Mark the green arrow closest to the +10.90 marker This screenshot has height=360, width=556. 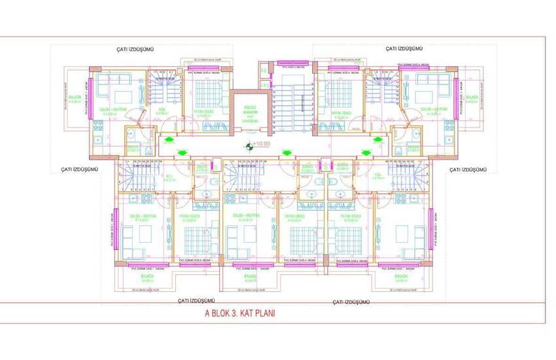coord(285,153)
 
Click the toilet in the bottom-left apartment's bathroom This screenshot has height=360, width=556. coord(207,194)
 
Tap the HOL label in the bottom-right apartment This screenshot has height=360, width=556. coord(395,177)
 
